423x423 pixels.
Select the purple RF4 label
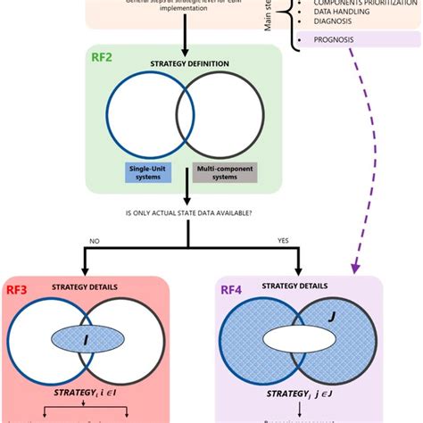(x=229, y=288)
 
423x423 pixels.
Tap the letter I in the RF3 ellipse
(x=87, y=338)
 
